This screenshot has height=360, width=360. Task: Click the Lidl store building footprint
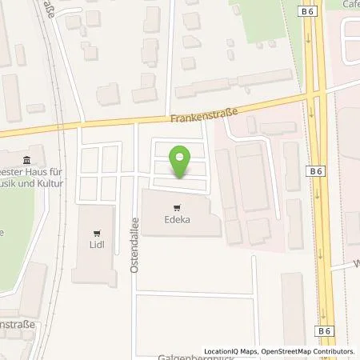pos(95,256)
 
